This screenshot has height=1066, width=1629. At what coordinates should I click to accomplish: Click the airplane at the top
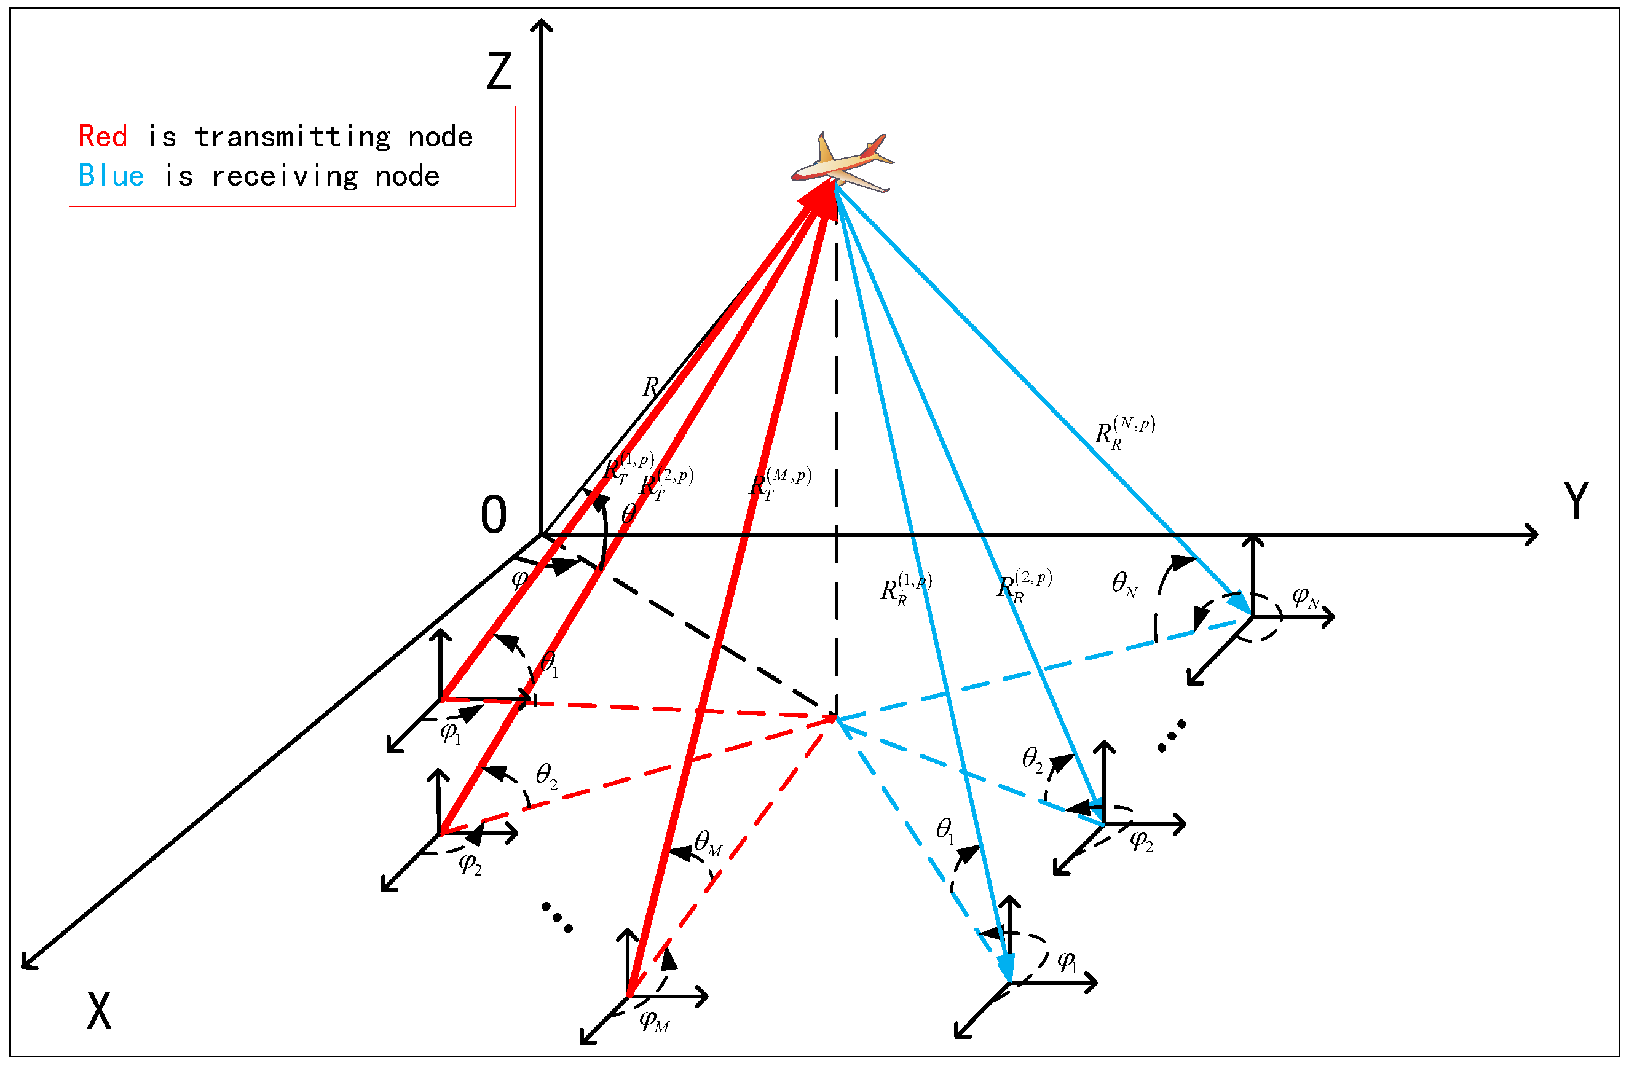[x=843, y=162]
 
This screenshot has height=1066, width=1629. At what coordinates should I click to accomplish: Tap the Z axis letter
[x=499, y=72]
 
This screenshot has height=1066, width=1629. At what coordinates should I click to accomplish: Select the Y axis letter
[x=1576, y=501]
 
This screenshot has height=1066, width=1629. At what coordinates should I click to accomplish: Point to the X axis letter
[x=99, y=1011]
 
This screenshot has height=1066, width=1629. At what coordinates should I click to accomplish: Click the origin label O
[x=494, y=515]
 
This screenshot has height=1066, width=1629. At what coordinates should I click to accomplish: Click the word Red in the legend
[x=103, y=137]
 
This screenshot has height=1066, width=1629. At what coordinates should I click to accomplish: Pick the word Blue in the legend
[x=111, y=176]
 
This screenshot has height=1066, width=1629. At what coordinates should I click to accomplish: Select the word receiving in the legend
[x=284, y=176]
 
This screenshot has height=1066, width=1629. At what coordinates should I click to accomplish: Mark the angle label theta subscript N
[x=1124, y=584]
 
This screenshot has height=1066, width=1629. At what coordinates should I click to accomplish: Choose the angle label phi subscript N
[x=1305, y=598]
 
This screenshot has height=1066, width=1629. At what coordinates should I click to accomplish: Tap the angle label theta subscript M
[x=707, y=843]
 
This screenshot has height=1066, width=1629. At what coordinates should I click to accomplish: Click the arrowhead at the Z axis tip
[x=542, y=26]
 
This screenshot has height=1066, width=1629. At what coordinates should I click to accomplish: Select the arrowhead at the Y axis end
[x=1532, y=535]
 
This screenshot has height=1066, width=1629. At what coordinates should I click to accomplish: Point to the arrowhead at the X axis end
[x=28, y=963]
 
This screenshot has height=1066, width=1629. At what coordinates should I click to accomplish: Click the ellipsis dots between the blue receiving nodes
[x=1172, y=737]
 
